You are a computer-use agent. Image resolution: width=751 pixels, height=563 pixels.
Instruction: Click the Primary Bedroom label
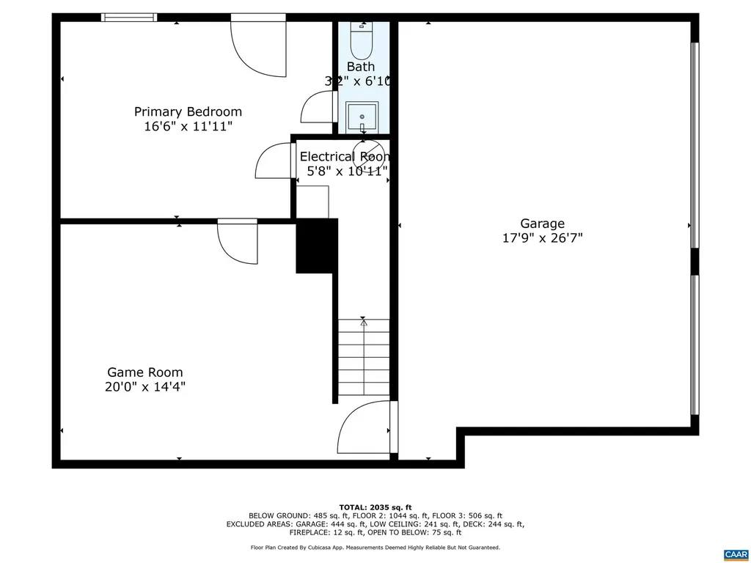click(188, 111)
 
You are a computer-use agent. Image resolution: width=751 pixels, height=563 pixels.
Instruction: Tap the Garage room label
click(542, 224)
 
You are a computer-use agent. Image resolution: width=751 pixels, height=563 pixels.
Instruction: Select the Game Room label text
click(144, 372)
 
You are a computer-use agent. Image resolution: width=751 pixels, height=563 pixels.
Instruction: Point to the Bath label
click(361, 67)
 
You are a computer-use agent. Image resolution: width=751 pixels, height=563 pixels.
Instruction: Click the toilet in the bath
click(361, 41)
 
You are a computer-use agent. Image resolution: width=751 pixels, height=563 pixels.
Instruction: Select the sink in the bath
click(362, 116)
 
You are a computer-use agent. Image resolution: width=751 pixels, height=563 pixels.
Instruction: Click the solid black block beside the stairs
click(316, 246)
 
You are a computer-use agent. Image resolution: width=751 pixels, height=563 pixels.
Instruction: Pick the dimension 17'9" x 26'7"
click(542, 238)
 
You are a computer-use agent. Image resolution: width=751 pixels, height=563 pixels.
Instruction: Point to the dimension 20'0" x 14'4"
click(144, 386)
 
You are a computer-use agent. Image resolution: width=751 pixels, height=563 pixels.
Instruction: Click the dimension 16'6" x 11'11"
click(188, 126)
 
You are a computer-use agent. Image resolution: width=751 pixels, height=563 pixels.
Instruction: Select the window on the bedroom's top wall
click(129, 17)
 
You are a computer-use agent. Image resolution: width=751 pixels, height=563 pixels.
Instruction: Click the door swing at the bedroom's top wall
click(259, 45)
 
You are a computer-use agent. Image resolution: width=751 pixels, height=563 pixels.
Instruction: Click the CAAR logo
click(734, 553)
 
